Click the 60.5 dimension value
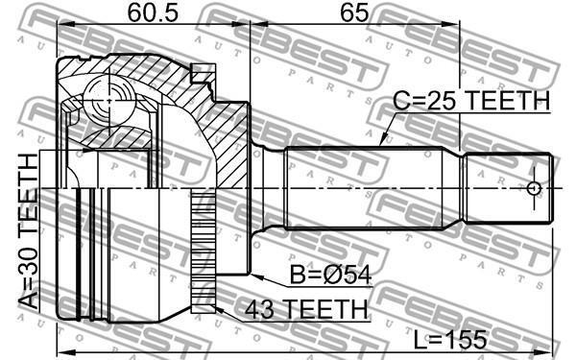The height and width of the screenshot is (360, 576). [153, 13]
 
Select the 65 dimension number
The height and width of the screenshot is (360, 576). [353, 13]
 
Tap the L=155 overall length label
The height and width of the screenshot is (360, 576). [450, 340]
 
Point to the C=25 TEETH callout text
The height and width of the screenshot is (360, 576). [471, 100]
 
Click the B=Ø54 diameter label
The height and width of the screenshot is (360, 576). [330, 275]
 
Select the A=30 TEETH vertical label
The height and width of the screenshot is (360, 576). [28, 231]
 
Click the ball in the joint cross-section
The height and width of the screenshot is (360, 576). [109, 100]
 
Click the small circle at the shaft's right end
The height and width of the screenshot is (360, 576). [534, 189]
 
